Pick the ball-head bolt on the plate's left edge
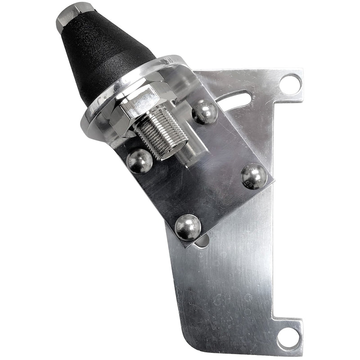[139, 161]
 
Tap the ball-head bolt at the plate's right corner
[254, 176]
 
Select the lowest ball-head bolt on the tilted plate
[188, 227]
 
